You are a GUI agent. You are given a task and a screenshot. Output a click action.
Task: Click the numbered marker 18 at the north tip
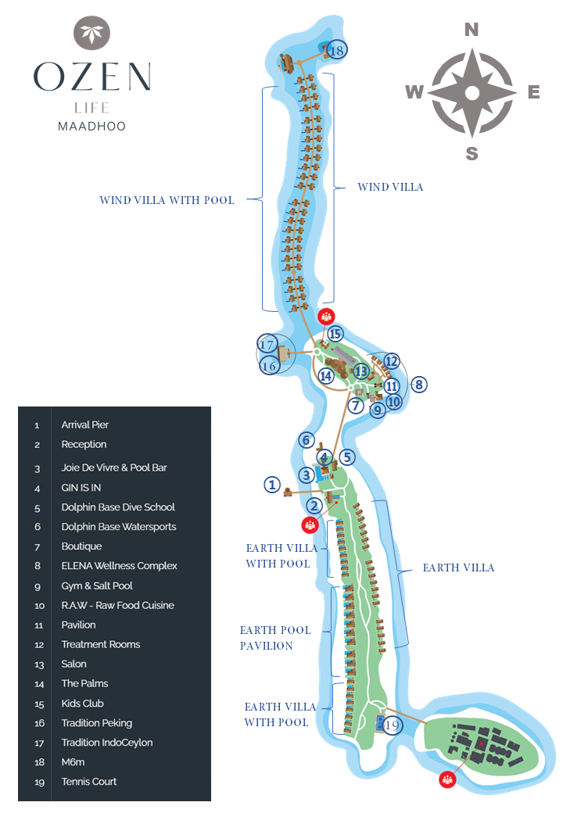[337, 50]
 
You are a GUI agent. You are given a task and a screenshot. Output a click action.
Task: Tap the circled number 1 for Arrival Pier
[271, 485]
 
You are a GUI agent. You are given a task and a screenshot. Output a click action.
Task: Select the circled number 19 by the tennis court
[393, 725]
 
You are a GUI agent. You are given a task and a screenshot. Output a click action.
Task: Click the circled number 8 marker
[419, 384]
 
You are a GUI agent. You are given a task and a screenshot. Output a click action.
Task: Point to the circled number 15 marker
[335, 334]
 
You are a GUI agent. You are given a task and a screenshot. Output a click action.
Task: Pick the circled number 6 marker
[307, 441]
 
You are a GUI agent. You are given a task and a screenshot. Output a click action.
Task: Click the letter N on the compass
[472, 30]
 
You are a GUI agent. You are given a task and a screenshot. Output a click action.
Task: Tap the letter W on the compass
[414, 92]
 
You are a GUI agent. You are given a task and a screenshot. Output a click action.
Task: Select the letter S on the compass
[472, 154]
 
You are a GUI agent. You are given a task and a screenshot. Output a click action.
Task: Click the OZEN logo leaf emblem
[91, 34]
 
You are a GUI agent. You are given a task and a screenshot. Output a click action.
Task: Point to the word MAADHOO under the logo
[91, 126]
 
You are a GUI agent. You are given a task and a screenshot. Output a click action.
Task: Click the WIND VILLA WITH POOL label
[167, 200]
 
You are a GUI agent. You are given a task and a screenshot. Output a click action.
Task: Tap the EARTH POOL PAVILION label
[275, 638]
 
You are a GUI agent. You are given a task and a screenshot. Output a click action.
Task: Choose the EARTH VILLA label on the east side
[458, 568]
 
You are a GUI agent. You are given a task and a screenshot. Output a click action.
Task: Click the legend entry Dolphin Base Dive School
[118, 507]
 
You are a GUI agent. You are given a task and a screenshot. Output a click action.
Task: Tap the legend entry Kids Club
[82, 704]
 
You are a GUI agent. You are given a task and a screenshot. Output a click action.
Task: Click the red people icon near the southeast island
[447, 779]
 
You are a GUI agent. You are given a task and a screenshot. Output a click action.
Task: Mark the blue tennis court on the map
[379, 721]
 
